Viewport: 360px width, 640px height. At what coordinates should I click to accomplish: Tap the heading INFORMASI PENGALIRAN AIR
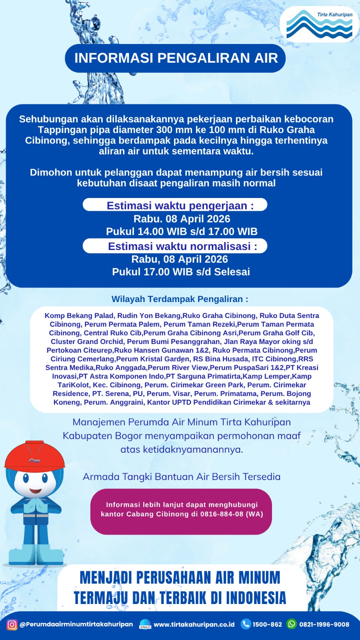(176, 58)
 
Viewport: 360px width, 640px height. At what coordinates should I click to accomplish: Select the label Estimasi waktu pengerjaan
(180, 206)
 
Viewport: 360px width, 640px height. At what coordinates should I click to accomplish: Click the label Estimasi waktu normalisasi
(182, 246)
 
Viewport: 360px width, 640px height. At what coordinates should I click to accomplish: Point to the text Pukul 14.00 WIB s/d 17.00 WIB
(182, 232)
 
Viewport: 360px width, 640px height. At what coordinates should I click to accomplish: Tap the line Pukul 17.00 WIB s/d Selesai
(181, 272)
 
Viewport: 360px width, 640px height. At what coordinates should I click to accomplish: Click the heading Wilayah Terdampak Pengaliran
(180, 299)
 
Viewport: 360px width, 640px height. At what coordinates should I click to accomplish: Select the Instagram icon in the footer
(12, 624)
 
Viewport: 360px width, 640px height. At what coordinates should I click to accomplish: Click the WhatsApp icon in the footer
(292, 624)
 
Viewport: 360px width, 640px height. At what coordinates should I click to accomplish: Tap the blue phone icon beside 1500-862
(246, 624)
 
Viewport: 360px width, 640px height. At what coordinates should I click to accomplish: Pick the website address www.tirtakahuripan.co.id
(194, 624)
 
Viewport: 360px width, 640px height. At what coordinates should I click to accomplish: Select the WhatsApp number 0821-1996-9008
(324, 624)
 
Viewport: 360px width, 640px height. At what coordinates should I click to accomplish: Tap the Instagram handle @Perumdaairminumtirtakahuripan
(76, 624)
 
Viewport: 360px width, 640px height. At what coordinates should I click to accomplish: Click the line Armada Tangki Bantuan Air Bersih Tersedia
(182, 477)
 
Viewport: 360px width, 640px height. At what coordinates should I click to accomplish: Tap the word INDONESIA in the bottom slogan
(256, 598)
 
